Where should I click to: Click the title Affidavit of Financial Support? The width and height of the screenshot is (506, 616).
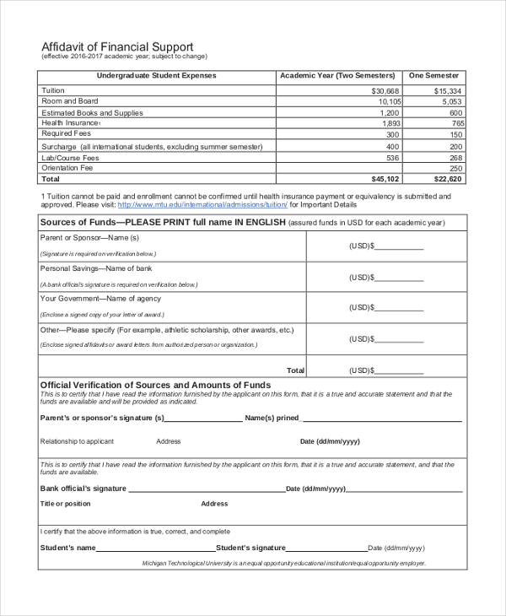(117, 46)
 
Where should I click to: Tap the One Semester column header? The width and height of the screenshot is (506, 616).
(434, 76)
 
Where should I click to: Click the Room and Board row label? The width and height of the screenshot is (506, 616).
(70, 101)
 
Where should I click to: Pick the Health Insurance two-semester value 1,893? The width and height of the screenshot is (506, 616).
(390, 123)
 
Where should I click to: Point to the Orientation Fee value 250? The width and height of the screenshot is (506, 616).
(455, 168)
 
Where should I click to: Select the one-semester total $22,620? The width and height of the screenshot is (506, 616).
(447, 179)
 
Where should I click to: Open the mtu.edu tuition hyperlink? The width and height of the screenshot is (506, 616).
(202, 204)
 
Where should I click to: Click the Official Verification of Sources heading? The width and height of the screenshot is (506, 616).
(156, 385)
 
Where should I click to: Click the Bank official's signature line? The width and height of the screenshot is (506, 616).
(207, 489)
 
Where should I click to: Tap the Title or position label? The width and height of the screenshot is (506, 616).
(66, 504)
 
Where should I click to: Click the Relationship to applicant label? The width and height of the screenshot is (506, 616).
(77, 441)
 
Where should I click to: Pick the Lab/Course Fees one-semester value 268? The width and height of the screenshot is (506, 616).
(455, 157)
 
